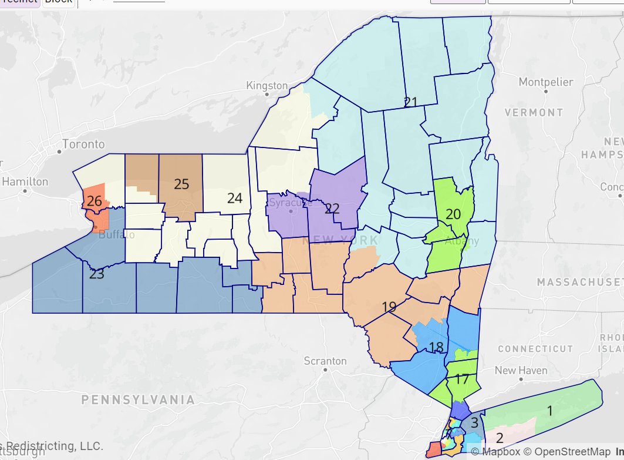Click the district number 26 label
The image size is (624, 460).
94,202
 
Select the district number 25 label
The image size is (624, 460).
181,184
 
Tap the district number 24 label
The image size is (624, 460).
235,198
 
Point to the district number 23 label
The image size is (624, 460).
96,274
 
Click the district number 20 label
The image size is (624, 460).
453,214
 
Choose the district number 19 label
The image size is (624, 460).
389,307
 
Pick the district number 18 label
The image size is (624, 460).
436,347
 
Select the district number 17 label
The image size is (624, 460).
463,379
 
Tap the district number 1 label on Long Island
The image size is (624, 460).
549,411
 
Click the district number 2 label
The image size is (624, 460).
500,438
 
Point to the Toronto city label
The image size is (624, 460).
83,144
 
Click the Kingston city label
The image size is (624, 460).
267,85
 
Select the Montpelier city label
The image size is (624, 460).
545,82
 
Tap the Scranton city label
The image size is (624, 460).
325,361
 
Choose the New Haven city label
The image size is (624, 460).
521,371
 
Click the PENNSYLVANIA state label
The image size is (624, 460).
138,400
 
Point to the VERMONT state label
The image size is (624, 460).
534,112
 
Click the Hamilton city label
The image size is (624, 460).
25,182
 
